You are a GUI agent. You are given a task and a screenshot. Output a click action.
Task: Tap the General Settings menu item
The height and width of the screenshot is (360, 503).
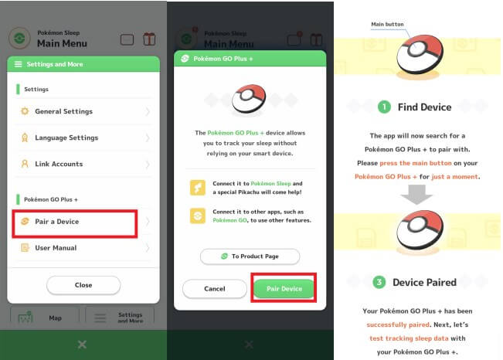[x=83, y=111]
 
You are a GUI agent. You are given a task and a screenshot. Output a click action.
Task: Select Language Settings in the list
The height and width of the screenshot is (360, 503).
[x=83, y=138]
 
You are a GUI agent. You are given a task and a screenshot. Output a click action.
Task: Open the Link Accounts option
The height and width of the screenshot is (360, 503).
[x=83, y=164]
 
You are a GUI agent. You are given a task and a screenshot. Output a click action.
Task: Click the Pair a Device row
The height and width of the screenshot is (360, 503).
[x=75, y=222]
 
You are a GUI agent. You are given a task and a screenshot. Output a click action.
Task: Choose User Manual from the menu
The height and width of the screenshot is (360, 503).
[x=83, y=248]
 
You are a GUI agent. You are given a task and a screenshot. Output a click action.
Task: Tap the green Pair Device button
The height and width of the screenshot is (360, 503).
[x=284, y=289]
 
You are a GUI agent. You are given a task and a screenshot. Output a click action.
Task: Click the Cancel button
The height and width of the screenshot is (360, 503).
[x=215, y=289]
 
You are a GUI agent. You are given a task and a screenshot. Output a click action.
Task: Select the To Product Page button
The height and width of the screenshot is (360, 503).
[x=250, y=256]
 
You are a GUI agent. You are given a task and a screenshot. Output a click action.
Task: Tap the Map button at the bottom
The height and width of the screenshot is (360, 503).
[x=45, y=318]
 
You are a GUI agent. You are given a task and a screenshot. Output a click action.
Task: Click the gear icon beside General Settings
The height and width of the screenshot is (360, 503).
[x=25, y=111]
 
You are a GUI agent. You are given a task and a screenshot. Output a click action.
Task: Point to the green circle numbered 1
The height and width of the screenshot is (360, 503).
[x=384, y=107]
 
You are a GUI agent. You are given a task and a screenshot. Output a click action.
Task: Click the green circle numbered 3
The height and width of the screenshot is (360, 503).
[x=379, y=282]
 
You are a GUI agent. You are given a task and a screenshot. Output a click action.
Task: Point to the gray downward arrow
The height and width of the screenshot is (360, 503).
[x=416, y=195]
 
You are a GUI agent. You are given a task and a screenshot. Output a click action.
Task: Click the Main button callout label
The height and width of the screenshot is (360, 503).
[x=387, y=25]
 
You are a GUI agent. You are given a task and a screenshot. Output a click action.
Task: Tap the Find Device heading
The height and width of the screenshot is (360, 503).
[x=424, y=107]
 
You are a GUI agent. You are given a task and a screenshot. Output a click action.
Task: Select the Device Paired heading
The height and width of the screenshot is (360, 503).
[x=424, y=282]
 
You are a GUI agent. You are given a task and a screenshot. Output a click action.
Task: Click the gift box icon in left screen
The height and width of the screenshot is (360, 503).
[x=149, y=39]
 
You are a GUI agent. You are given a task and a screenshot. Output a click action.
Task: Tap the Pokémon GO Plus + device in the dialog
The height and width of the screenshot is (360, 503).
[x=249, y=99]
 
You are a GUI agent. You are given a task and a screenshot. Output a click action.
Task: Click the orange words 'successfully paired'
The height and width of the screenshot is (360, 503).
[x=398, y=324]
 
